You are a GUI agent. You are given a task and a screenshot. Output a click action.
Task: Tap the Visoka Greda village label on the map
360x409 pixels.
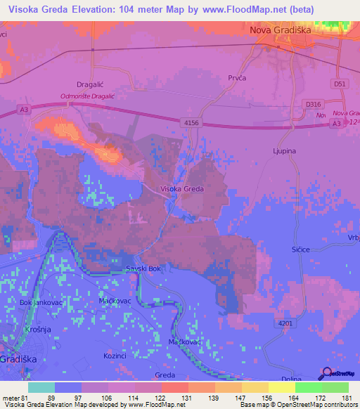[x=182, y=189]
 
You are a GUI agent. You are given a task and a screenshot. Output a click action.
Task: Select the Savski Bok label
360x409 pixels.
[x=143, y=269]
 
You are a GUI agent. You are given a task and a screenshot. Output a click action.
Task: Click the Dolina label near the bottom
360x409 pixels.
[x=281, y=379]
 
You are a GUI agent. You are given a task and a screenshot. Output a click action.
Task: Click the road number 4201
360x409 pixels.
[x=285, y=323]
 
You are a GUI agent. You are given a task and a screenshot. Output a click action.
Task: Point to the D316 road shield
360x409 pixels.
[x=313, y=104]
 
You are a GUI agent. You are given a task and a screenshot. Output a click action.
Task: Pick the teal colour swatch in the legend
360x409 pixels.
[x=41, y=387]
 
